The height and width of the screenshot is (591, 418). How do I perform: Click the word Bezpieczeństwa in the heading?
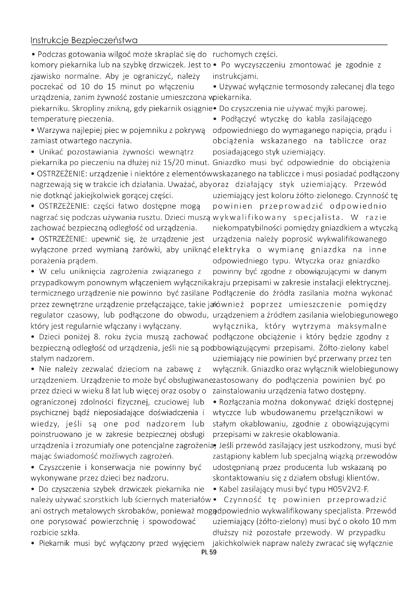coord(104,40)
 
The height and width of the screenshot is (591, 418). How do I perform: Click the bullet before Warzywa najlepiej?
coord(33,130)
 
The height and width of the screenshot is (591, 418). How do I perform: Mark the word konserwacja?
coord(112,467)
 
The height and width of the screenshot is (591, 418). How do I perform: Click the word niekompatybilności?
coord(248,228)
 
